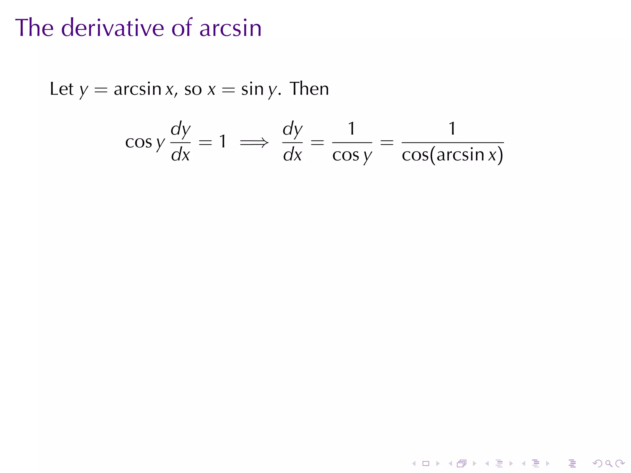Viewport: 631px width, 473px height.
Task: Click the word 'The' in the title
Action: (x=34, y=28)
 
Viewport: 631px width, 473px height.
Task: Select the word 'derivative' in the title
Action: (x=112, y=28)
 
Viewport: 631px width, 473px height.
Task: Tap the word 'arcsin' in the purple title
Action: (x=230, y=28)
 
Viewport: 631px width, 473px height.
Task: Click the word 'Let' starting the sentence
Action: (x=62, y=89)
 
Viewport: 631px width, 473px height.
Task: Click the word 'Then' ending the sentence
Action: (x=309, y=89)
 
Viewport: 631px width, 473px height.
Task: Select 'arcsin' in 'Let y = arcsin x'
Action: (x=137, y=89)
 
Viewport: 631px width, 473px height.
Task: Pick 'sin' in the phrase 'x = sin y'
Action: (x=252, y=89)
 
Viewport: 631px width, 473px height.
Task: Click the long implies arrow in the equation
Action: (x=254, y=143)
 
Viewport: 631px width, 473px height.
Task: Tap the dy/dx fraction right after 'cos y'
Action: (x=181, y=142)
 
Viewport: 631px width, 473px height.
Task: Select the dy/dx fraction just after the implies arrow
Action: (x=292, y=142)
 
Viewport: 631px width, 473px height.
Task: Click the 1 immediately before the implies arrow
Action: (x=222, y=142)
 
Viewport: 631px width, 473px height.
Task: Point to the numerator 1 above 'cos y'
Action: (x=352, y=128)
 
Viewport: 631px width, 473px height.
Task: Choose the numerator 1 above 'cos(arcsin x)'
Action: (x=452, y=128)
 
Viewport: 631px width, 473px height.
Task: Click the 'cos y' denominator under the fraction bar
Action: (x=352, y=156)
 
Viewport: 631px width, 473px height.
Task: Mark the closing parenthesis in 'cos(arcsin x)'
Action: (x=501, y=155)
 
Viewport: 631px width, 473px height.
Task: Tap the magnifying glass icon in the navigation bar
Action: (x=609, y=463)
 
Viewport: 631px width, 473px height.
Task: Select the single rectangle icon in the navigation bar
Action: (x=426, y=463)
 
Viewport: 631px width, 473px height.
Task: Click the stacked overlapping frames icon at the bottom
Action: (x=462, y=463)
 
